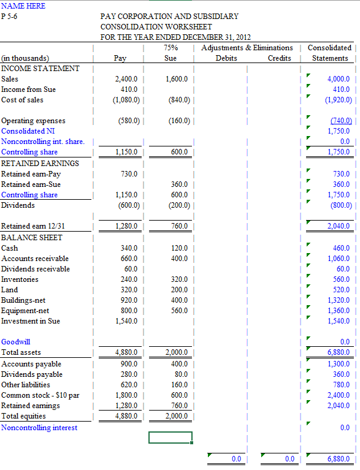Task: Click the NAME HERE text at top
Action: (x=23, y=6)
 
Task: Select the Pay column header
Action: (x=121, y=58)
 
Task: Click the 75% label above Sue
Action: (x=171, y=48)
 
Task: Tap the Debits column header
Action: (x=226, y=58)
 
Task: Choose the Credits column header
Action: (x=279, y=58)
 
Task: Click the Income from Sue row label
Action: (x=28, y=89)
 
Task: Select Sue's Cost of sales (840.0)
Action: (x=178, y=100)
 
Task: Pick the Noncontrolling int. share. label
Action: (x=43, y=142)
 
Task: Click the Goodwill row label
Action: (x=16, y=342)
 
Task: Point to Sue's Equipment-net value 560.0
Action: (x=180, y=311)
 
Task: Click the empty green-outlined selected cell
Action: (x=170, y=438)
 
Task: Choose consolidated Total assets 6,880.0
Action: (x=338, y=352)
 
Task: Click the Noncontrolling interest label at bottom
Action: (x=39, y=428)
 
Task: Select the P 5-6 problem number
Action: (x=9, y=16)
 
